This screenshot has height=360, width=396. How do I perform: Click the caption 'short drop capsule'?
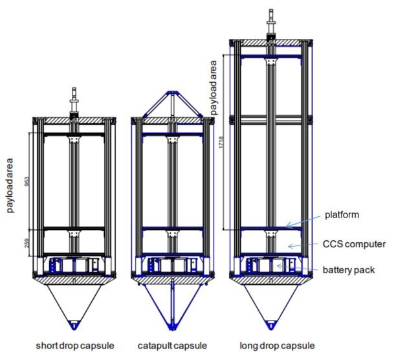click(x=72, y=344)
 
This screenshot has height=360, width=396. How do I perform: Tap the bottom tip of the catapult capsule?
click(x=172, y=328)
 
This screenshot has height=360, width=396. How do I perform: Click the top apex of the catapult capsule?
click(x=171, y=92)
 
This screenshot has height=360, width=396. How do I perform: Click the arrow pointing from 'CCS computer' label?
click(x=297, y=245)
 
